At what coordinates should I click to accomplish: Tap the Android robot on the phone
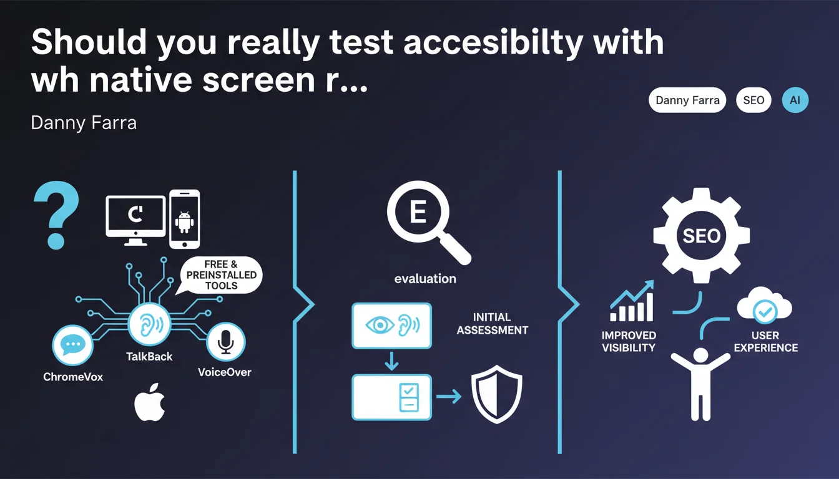point(184,222)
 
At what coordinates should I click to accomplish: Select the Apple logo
point(150,402)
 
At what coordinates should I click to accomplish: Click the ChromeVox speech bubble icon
point(72,345)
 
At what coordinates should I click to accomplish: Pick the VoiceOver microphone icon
point(225,342)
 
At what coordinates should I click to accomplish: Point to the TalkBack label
point(149,356)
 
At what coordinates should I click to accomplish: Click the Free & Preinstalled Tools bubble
point(221,275)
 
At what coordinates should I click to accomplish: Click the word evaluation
point(425,279)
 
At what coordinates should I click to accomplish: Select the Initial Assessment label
point(492,324)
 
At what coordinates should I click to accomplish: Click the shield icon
point(497,394)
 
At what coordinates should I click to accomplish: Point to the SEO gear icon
point(701,236)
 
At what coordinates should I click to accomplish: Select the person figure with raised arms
point(700,384)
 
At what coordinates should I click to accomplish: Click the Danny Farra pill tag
point(687,100)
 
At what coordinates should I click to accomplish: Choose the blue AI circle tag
point(795,100)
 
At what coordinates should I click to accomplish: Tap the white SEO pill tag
point(753,100)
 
